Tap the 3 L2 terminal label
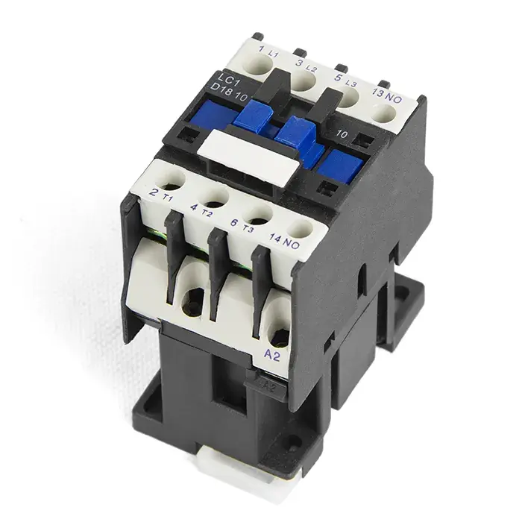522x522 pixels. (306, 66)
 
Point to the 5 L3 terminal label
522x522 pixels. (345, 81)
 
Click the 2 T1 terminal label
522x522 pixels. (161, 195)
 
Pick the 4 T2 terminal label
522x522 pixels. (201, 210)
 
